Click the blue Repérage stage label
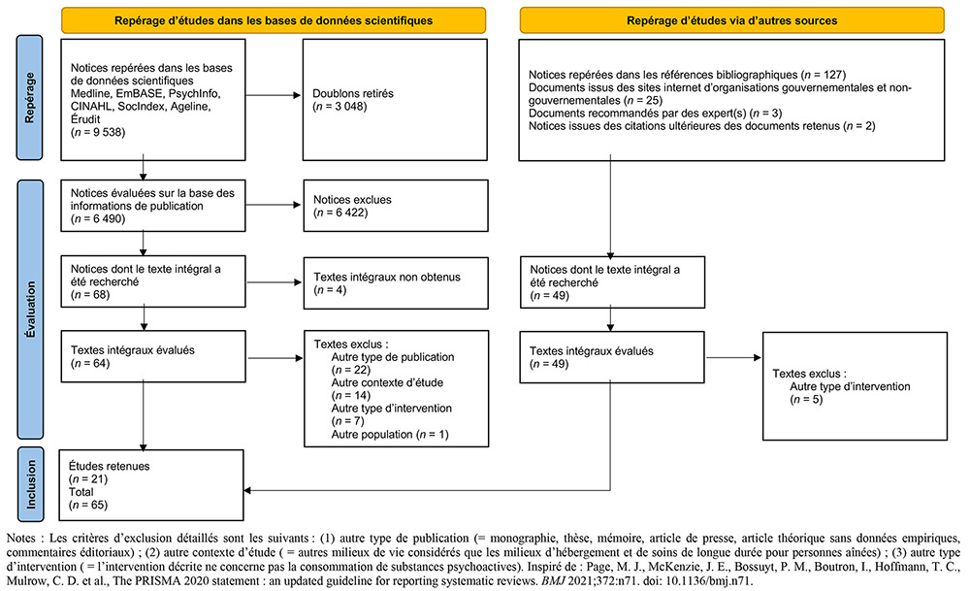29,98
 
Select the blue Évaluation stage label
30,310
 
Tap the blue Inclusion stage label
30,484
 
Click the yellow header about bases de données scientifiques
274,20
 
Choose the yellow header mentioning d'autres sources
731,20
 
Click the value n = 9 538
98,132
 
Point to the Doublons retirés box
395,100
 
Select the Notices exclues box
396,206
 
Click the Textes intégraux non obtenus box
396,282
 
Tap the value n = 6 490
98,219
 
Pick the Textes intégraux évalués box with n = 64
153,356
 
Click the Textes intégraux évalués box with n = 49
612,357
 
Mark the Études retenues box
151,485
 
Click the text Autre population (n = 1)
390,435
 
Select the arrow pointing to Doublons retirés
273,95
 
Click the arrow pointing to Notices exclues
273,205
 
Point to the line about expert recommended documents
655,114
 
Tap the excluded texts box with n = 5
855,386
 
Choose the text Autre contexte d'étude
387,382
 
